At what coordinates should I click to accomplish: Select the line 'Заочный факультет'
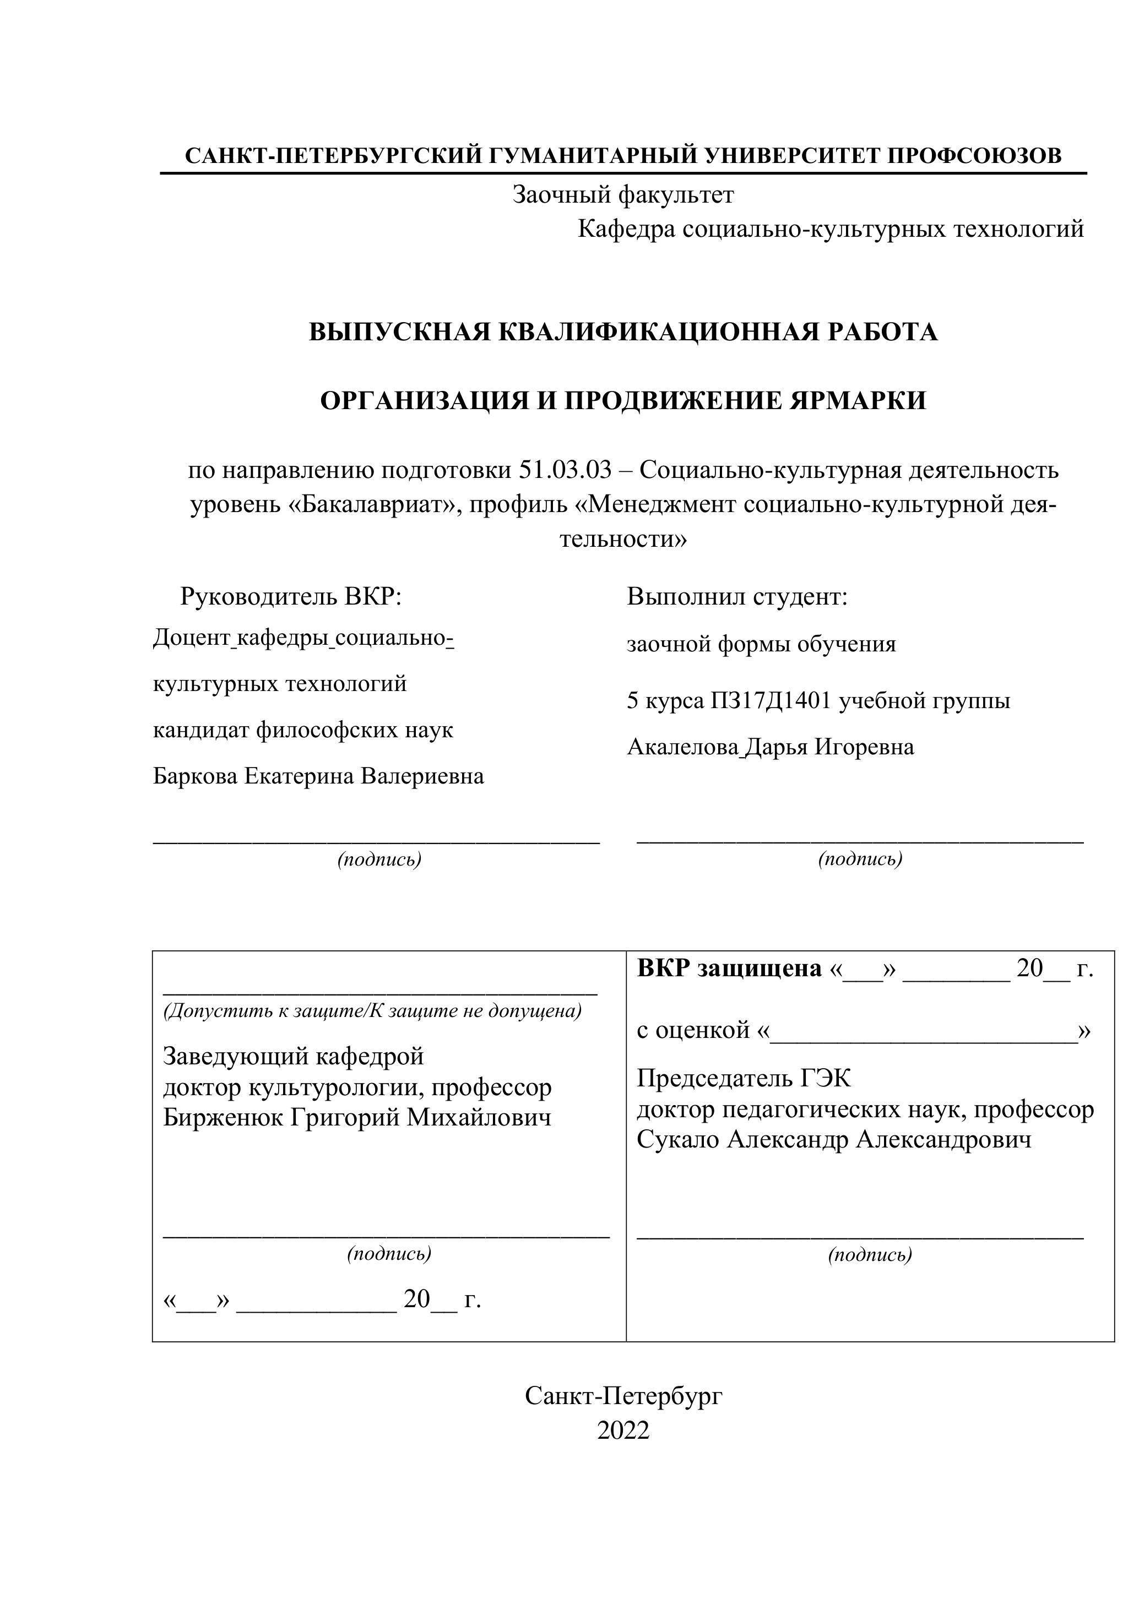click(x=623, y=194)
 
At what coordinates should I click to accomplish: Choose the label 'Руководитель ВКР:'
click(x=291, y=597)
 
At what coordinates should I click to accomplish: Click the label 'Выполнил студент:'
click(x=737, y=597)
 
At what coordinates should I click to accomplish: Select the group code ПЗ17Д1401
click(x=772, y=700)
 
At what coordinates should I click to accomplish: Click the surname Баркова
click(x=195, y=776)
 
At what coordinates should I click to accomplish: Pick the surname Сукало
click(x=677, y=1139)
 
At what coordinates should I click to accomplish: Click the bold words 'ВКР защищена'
click(x=729, y=969)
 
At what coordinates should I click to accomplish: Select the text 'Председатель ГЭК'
click(x=744, y=1078)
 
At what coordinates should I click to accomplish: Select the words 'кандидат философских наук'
click(x=303, y=730)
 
